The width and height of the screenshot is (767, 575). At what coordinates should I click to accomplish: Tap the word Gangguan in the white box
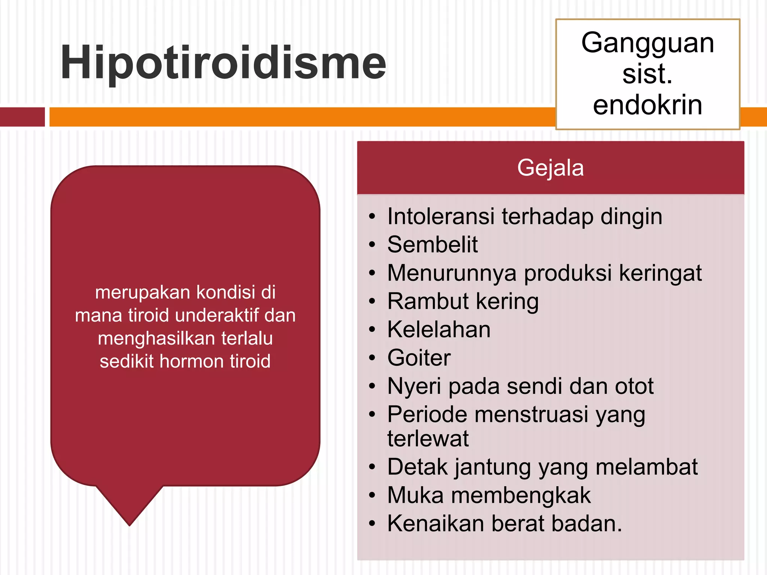pyautogui.click(x=648, y=43)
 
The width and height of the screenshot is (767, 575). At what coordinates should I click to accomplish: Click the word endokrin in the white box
pyautogui.click(x=648, y=105)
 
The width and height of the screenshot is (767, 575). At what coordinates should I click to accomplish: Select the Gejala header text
pyautogui.click(x=550, y=168)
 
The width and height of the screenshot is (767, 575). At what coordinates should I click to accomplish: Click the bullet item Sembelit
pyautogui.click(x=433, y=245)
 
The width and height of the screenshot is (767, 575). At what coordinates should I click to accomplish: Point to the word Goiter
pyautogui.click(x=419, y=358)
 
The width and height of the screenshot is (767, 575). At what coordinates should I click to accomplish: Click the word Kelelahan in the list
pyautogui.click(x=439, y=330)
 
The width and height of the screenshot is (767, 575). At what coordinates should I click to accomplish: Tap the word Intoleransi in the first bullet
pyautogui.click(x=440, y=217)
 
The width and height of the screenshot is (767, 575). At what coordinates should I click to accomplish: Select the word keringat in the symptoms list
pyautogui.click(x=660, y=273)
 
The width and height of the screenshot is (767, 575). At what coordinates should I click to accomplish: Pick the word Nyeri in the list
pyautogui.click(x=414, y=387)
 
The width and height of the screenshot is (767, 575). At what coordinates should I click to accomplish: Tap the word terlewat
pyautogui.click(x=428, y=439)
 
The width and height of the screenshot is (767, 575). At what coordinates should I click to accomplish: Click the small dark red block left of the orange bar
pyautogui.click(x=22, y=117)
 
